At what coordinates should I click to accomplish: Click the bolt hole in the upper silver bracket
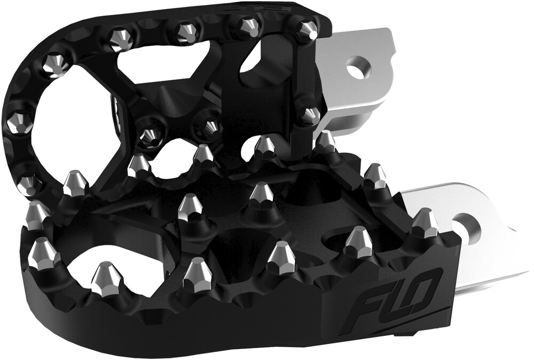(x=357, y=68)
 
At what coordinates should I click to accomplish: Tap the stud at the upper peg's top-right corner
(x=306, y=31)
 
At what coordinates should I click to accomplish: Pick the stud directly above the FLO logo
(x=357, y=242)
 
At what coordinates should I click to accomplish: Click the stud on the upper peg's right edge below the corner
(x=309, y=115)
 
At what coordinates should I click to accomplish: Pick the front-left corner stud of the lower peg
(x=44, y=254)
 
